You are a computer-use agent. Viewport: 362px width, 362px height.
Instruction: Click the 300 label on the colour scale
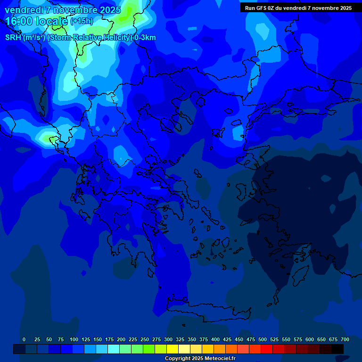pyautogui.click(x=168, y=339)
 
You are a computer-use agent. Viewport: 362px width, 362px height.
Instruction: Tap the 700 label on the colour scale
pyautogui.click(x=345, y=339)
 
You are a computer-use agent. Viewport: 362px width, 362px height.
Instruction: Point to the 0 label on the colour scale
pyautogui.click(x=24, y=339)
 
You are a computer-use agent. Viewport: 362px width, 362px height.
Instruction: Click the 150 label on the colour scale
pyautogui.click(x=98, y=339)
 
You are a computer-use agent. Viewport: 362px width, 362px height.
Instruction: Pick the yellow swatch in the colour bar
pyautogui.click(x=173, y=349)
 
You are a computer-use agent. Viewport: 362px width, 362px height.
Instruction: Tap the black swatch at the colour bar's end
pyautogui.click(x=337, y=349)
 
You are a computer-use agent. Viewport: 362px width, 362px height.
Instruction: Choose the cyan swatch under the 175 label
pyautogui.click(x=114, y=349)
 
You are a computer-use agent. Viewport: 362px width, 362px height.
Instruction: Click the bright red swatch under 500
pyautogui.click(x=267, y=349)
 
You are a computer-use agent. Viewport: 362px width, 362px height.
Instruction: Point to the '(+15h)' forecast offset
pyautogui.click(x=82, y=21)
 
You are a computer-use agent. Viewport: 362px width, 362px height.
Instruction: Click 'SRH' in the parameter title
pyautogui.click(x=13, y=38)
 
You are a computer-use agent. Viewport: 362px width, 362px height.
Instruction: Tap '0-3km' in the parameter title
pyautogui.click(x=145, y=38)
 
